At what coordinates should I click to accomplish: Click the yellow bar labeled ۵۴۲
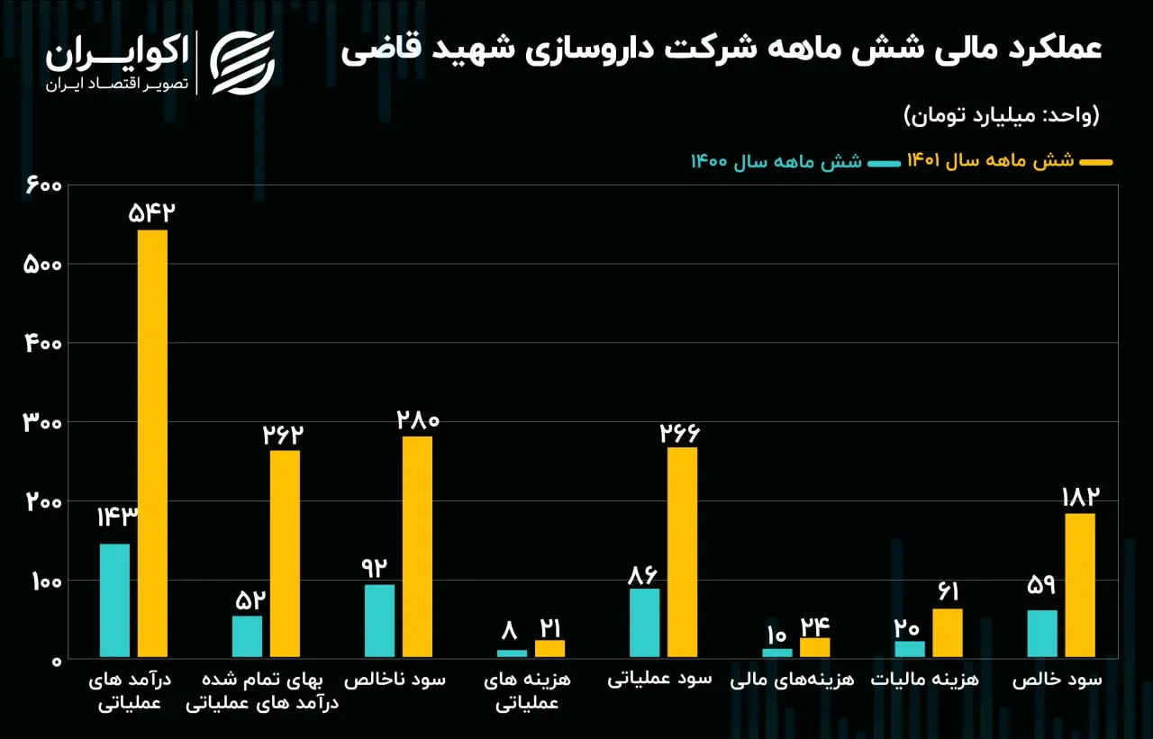(152, 443)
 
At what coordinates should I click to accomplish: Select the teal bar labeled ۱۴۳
(114, 600)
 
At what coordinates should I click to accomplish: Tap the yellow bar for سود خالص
(1080, 585)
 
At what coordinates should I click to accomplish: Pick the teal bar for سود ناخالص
(379, 621)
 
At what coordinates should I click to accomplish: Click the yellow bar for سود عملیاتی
(683, 553)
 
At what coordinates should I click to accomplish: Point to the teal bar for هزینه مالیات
(910, 649)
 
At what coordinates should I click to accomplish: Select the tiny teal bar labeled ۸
(512, 653)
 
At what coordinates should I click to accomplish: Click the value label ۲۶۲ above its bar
(283, 435)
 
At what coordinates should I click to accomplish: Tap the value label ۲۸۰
(418, 420)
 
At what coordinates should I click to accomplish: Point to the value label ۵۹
(1041, 585)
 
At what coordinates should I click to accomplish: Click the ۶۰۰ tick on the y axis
(44, 185)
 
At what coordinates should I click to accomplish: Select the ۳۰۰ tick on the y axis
(42, 423)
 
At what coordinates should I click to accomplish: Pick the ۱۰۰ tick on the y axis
(47, 582)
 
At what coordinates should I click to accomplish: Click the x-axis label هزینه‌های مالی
(792, 680)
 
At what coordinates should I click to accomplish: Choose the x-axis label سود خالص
(1058, 680)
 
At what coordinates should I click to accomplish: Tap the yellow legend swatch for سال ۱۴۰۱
(1096, 163)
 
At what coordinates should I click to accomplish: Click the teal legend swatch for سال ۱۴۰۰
(884, 164)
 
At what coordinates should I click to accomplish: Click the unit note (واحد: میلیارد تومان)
(1001, 115)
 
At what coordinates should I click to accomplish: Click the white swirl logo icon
(242, 63)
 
